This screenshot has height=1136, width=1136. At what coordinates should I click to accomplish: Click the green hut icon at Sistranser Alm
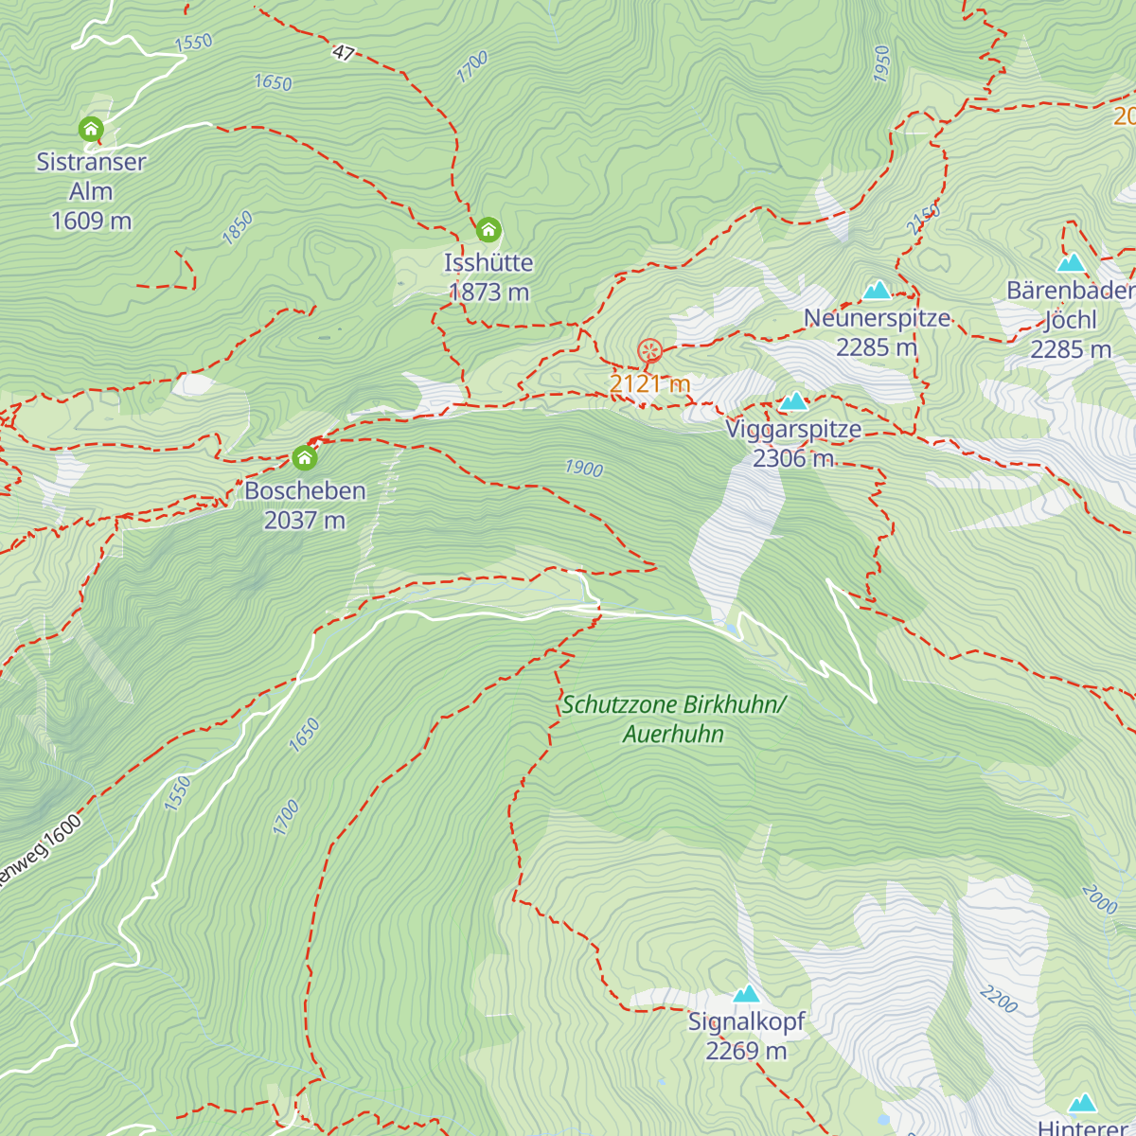(x=91, y=129)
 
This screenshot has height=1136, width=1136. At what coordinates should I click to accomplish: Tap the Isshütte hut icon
(x=488, y=230)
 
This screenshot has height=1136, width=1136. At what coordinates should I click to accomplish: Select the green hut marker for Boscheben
(x=304, y=458)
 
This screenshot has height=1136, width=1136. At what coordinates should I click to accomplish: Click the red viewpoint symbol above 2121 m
(x=649, y=351)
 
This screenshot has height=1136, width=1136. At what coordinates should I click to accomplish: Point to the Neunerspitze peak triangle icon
(x=877, y=290)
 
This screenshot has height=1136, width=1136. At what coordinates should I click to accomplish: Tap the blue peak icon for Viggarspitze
(x=793, y=401)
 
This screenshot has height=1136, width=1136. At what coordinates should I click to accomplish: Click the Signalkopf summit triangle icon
(x=746, y=994)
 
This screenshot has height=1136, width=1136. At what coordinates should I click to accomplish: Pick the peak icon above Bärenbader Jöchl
(x=1071, y=262)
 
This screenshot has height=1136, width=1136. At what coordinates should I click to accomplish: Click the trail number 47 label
(x=343, y=53)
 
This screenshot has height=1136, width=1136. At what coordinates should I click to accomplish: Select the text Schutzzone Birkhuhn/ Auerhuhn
(x=673, y=719)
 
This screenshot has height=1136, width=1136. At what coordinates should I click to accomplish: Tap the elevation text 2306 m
(x=793, y=459)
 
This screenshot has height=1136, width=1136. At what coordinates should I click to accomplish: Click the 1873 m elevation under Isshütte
(x=488, y=293)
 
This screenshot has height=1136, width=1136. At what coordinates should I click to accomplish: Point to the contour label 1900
(x=583, y=468)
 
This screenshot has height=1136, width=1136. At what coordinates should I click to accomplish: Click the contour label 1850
(x=238, y=228)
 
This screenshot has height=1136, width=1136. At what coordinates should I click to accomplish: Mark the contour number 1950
(x=882, y=63)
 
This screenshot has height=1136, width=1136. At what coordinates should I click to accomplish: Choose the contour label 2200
(x=999, y=999)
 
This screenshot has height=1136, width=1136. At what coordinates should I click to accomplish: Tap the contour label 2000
(x=1099, y=899)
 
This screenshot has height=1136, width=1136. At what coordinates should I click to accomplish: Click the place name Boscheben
(x=305, y=490)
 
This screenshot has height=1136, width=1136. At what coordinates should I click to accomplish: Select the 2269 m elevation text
(x=746, y=1051)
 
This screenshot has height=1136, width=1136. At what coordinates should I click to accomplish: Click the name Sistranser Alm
(x=91, y=176)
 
